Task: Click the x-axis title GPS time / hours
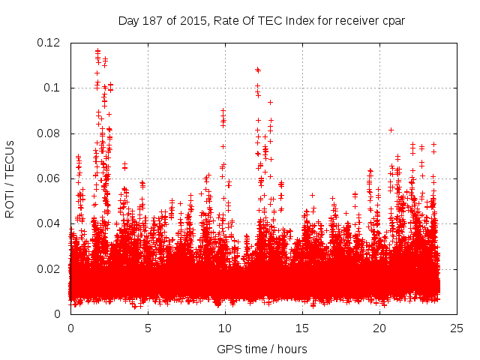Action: tap(262, 349)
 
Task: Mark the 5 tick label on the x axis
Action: tap(148, 328)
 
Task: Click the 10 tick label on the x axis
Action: tap(225, 328)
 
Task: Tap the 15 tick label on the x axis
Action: tap(302, 328)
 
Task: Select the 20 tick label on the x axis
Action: tap(379, 328)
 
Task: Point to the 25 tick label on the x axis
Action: tap(457, 328)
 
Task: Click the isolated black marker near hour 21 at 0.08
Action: tap(391, 130)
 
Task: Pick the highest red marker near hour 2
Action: tap(97, 50)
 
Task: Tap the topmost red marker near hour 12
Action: tap(257, 69)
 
